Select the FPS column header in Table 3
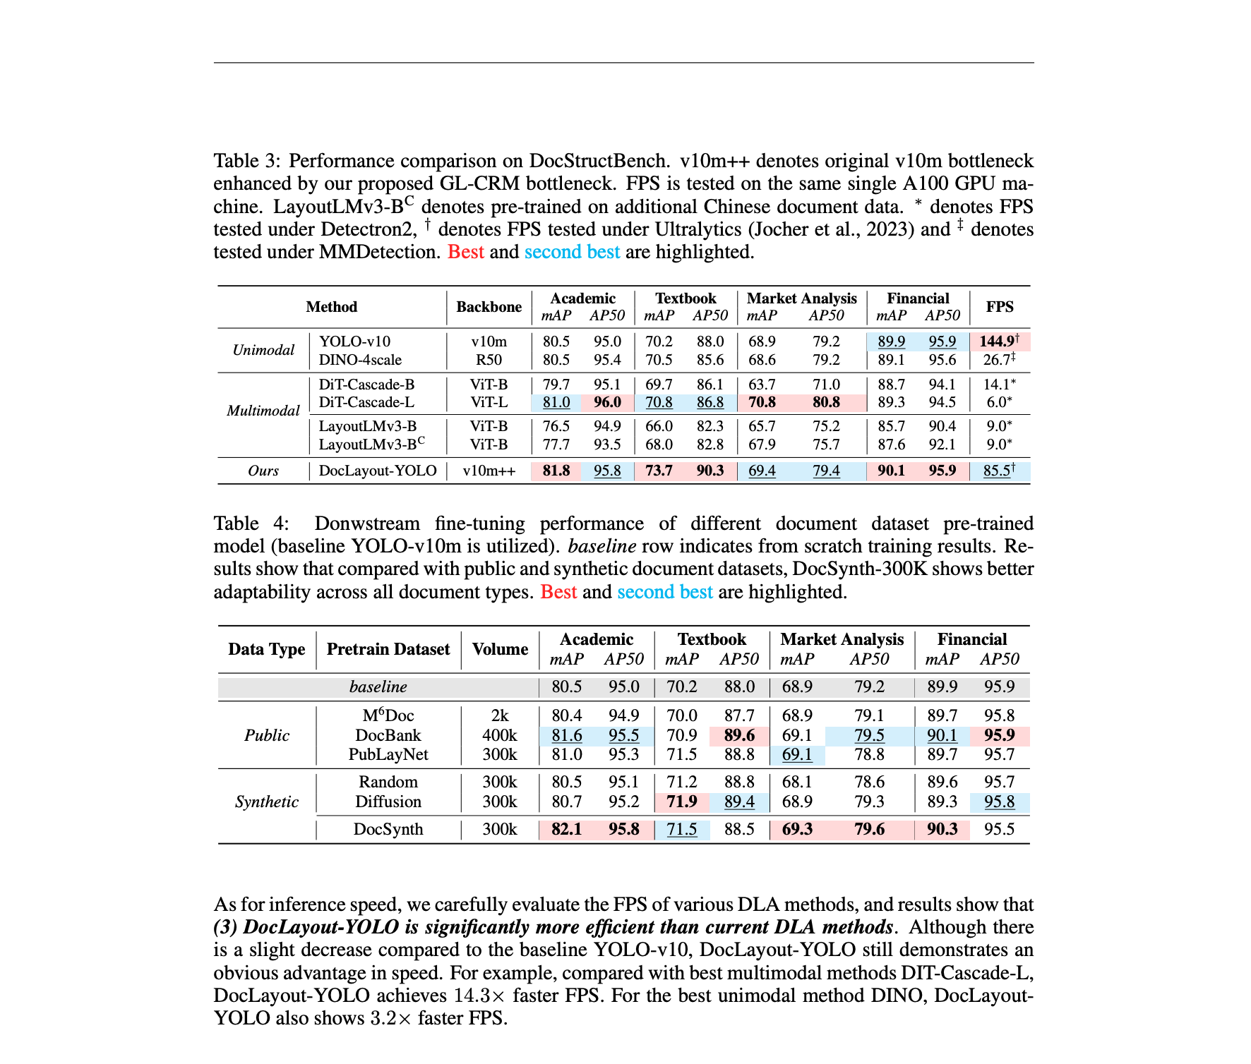click(x=1000, y=307)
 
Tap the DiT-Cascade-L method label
click(x=366, y=402)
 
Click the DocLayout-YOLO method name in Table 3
click(x=378, y=471)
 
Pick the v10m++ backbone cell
click(x=489, y=471)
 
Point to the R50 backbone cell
click(x=489, y=360)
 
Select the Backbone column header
click(x=489, y=307)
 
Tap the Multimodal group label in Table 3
click(x=263, y=411)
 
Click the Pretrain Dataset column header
click(x=388, y=649)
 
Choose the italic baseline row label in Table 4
click(x=378, y=687)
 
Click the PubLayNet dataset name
click(x=388, y=754)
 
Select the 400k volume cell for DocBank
click(x=500, y=735)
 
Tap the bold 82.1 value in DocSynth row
click(x=566, y=829)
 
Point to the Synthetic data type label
click(x=267, y=802)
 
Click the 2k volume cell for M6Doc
click(x=500, y=715)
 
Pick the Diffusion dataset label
click(x=388, y=802)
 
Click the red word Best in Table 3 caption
click(x=466, y=252)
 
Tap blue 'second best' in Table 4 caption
click(x=664, y=592)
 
